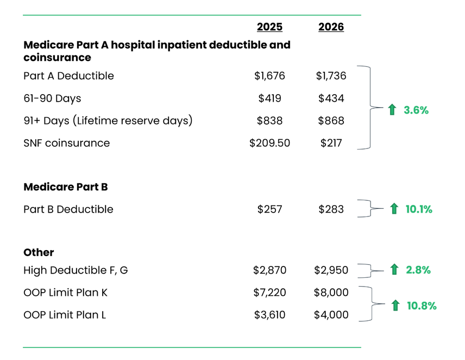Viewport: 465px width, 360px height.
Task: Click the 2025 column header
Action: click(x=269, y=27)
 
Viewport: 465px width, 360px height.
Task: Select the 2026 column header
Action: click(x=331, y=27)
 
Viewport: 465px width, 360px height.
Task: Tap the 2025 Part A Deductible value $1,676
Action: click(x=269, y=76)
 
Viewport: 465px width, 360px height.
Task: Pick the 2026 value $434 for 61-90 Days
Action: click(x=331, y=98)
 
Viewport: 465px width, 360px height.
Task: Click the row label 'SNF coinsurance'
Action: click(x=66, y=143)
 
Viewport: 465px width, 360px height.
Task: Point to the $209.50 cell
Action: click(x=269, y=143)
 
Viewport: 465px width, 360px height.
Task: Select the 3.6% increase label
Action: click(x=416, y=110)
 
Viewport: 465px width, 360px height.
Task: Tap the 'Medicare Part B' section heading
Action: click(x=65, y=187)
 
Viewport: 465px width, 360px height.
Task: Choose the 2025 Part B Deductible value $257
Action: click(x=269, y=209)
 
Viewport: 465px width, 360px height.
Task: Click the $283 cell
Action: click(x=331, y=209)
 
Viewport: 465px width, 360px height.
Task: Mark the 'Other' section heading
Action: click(x=39, y=253)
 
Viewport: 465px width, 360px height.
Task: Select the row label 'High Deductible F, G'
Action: click(x=76, y=270)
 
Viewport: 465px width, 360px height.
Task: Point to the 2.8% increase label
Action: click(x=418, y=270)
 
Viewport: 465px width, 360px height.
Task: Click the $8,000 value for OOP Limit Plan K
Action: click(x=331, y=293)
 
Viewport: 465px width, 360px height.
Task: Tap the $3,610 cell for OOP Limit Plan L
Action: click(x=269, y=315)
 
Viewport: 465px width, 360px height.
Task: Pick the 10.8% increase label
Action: click(x=422, y=306)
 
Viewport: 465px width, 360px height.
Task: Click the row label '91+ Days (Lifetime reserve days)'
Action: click(x=108, y=121)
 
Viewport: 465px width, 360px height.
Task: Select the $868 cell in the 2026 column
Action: click(x=331, y=121)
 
